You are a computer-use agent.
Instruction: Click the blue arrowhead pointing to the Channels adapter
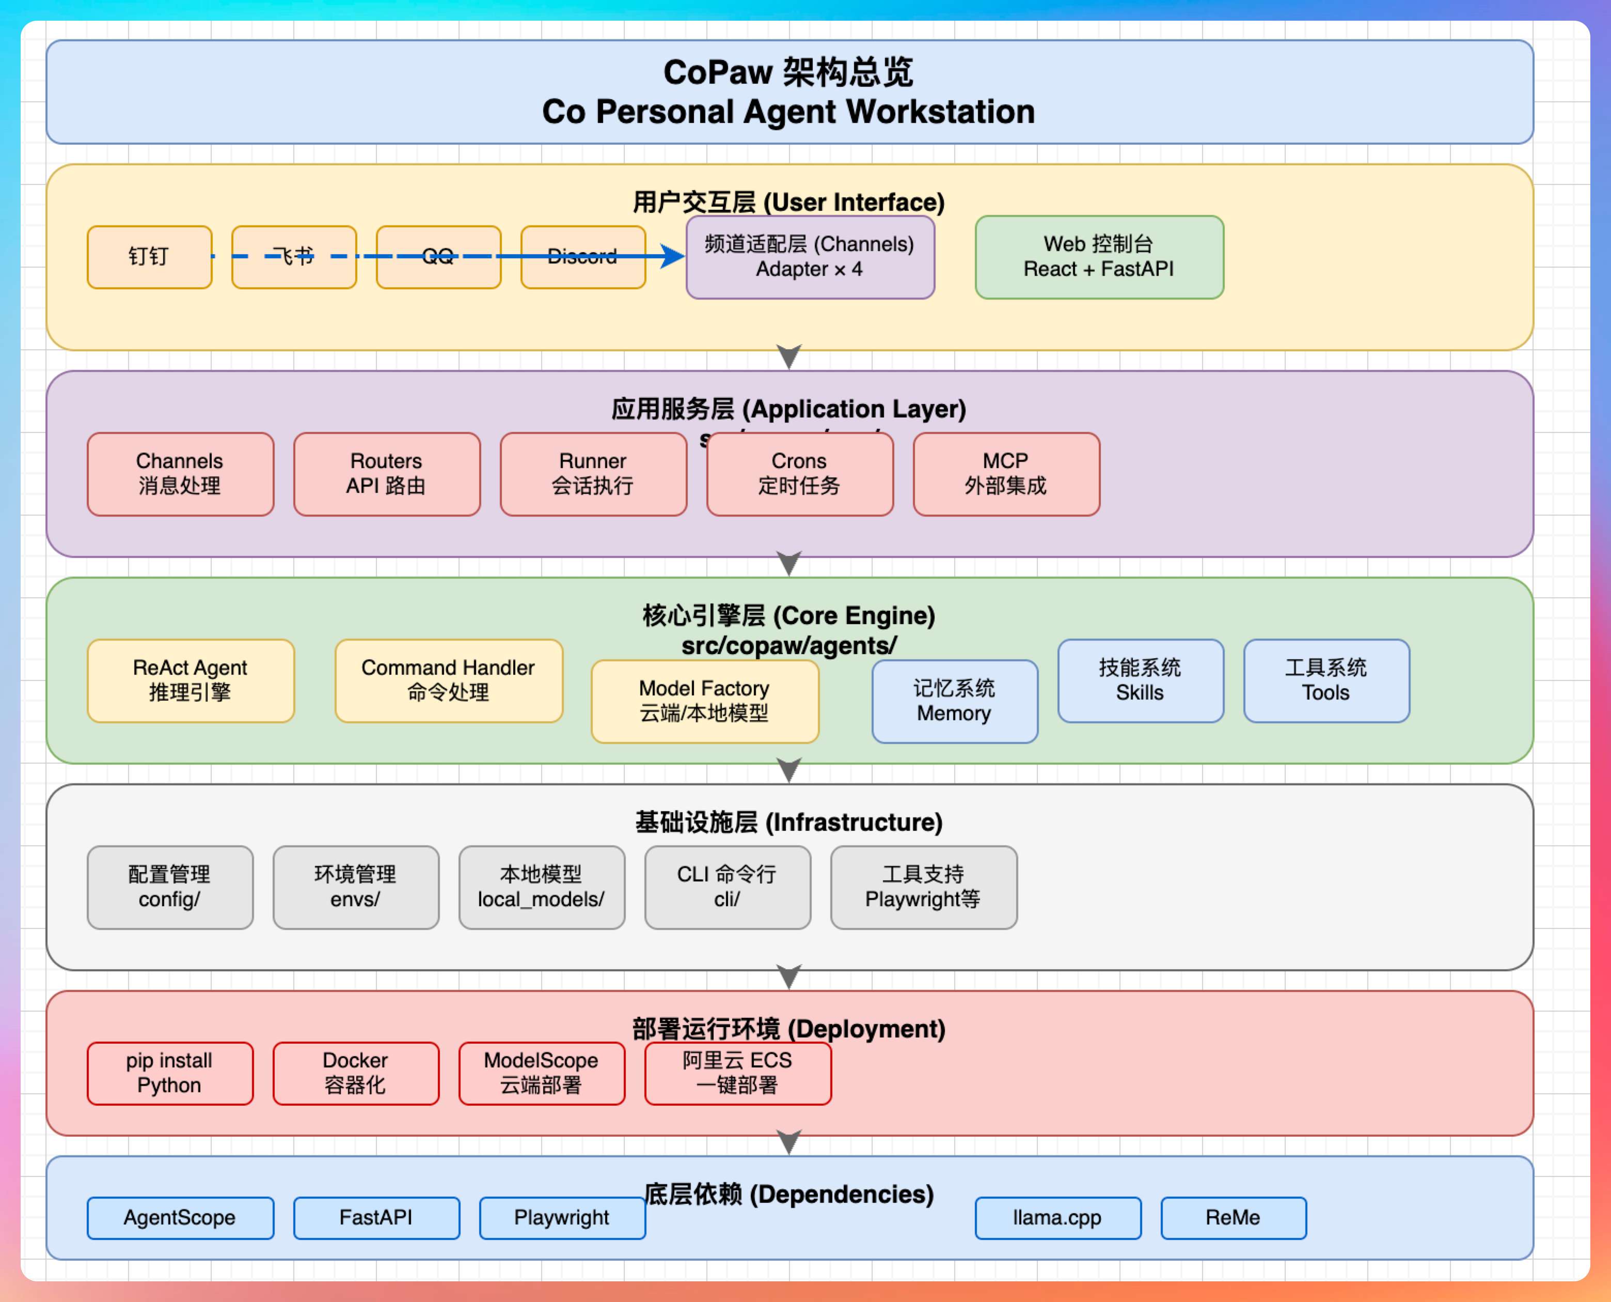(673, 256)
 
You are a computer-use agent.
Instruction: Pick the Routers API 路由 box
(387, 474)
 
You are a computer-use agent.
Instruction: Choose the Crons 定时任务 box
(800, 474)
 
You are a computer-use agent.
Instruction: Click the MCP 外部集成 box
(1006, 474)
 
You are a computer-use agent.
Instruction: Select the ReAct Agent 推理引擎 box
(191, 681)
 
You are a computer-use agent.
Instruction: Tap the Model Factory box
(705, 701)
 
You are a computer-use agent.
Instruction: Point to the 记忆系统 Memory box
(954, 701)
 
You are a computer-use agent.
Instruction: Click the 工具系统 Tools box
(1326, 681)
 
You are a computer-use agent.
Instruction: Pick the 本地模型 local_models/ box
(541, 887)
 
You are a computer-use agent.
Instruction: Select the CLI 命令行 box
(727, 887)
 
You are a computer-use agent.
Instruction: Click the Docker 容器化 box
(355, 1073)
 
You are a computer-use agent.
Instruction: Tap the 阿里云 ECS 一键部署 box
(738, 1073)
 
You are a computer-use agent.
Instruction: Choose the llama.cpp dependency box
(1058, 1218)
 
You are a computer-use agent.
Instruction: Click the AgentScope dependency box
(180, 1218)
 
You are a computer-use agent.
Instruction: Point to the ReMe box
(1233, 1218)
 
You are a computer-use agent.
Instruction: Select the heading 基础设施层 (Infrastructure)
(788, 823)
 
